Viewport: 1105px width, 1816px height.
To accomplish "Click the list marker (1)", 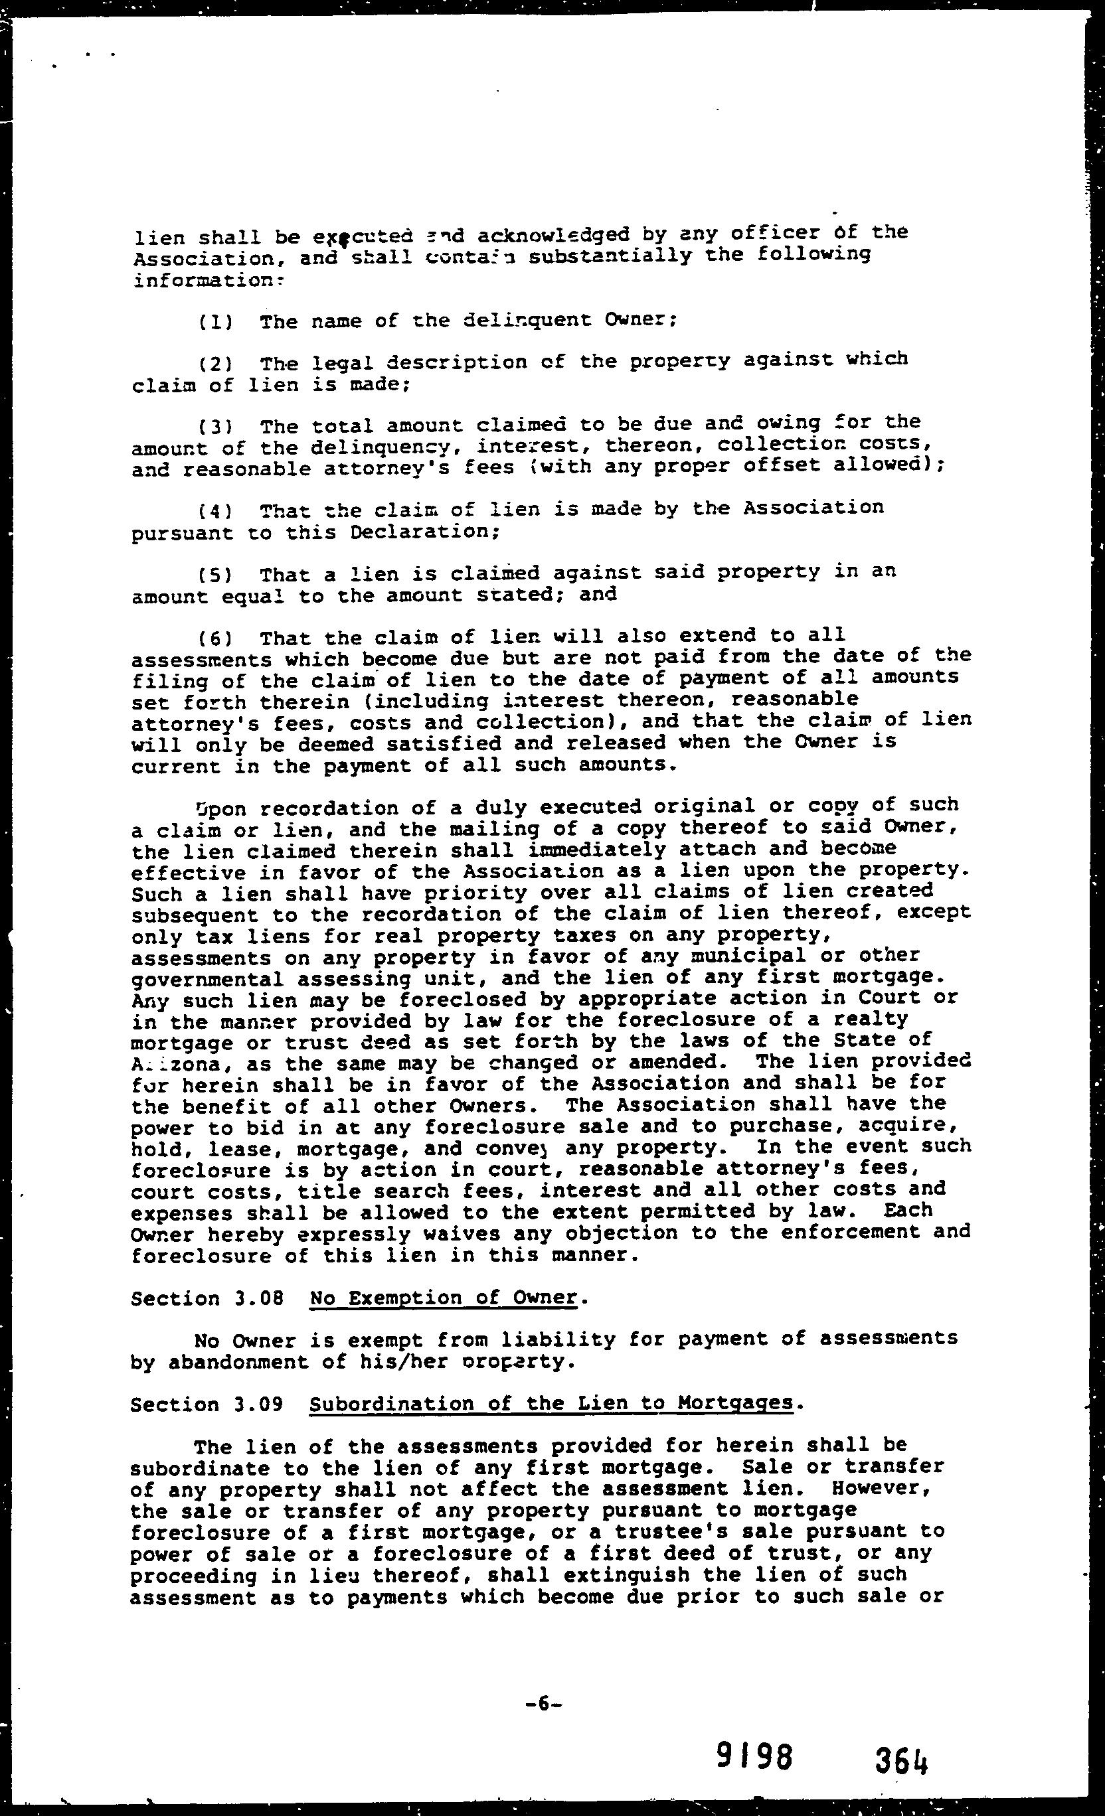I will pyautogui.click(x=215, y=322).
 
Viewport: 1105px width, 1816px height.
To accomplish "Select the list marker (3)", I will pyautogui.click(x=215, y=427).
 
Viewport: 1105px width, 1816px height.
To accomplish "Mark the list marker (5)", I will pyautogui.click(x=215, y=575).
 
